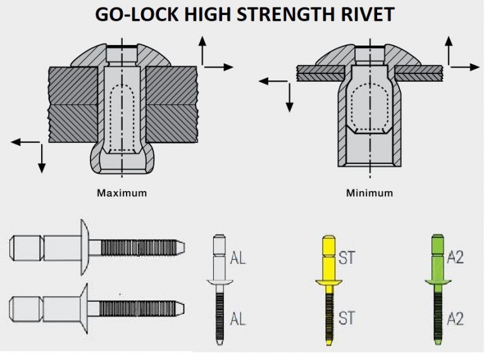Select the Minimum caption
tap(368, 192)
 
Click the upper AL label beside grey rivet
tap(238, 258)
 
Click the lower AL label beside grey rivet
tap(238, 319)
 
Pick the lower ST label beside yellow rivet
tap(347, 318)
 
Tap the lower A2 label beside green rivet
tap(456, 318)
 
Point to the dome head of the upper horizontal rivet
tap(84, 246)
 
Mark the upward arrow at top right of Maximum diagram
tap(202, 51)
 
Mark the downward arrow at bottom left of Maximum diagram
tap(42, 158)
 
